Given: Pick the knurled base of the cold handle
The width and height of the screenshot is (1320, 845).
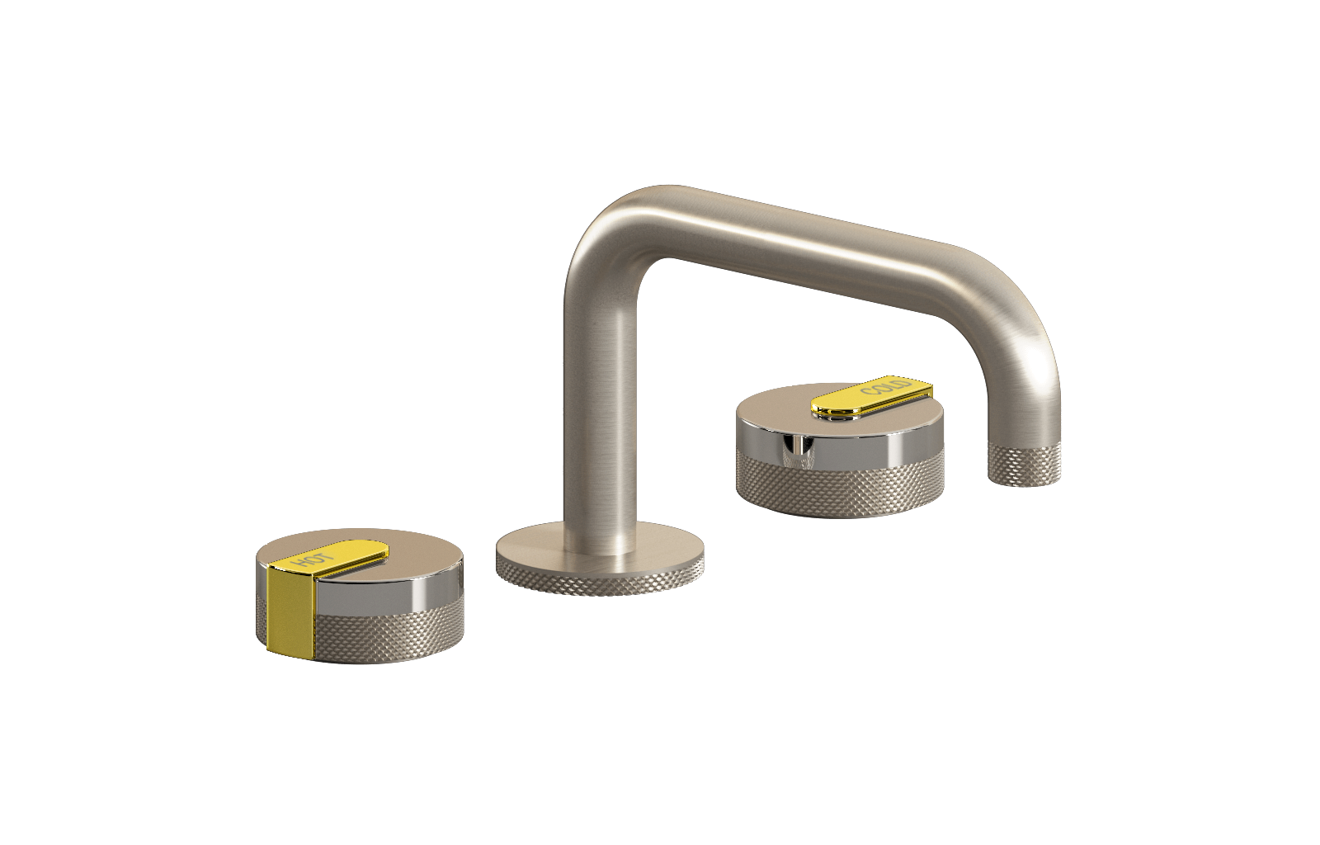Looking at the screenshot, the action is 840,487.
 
